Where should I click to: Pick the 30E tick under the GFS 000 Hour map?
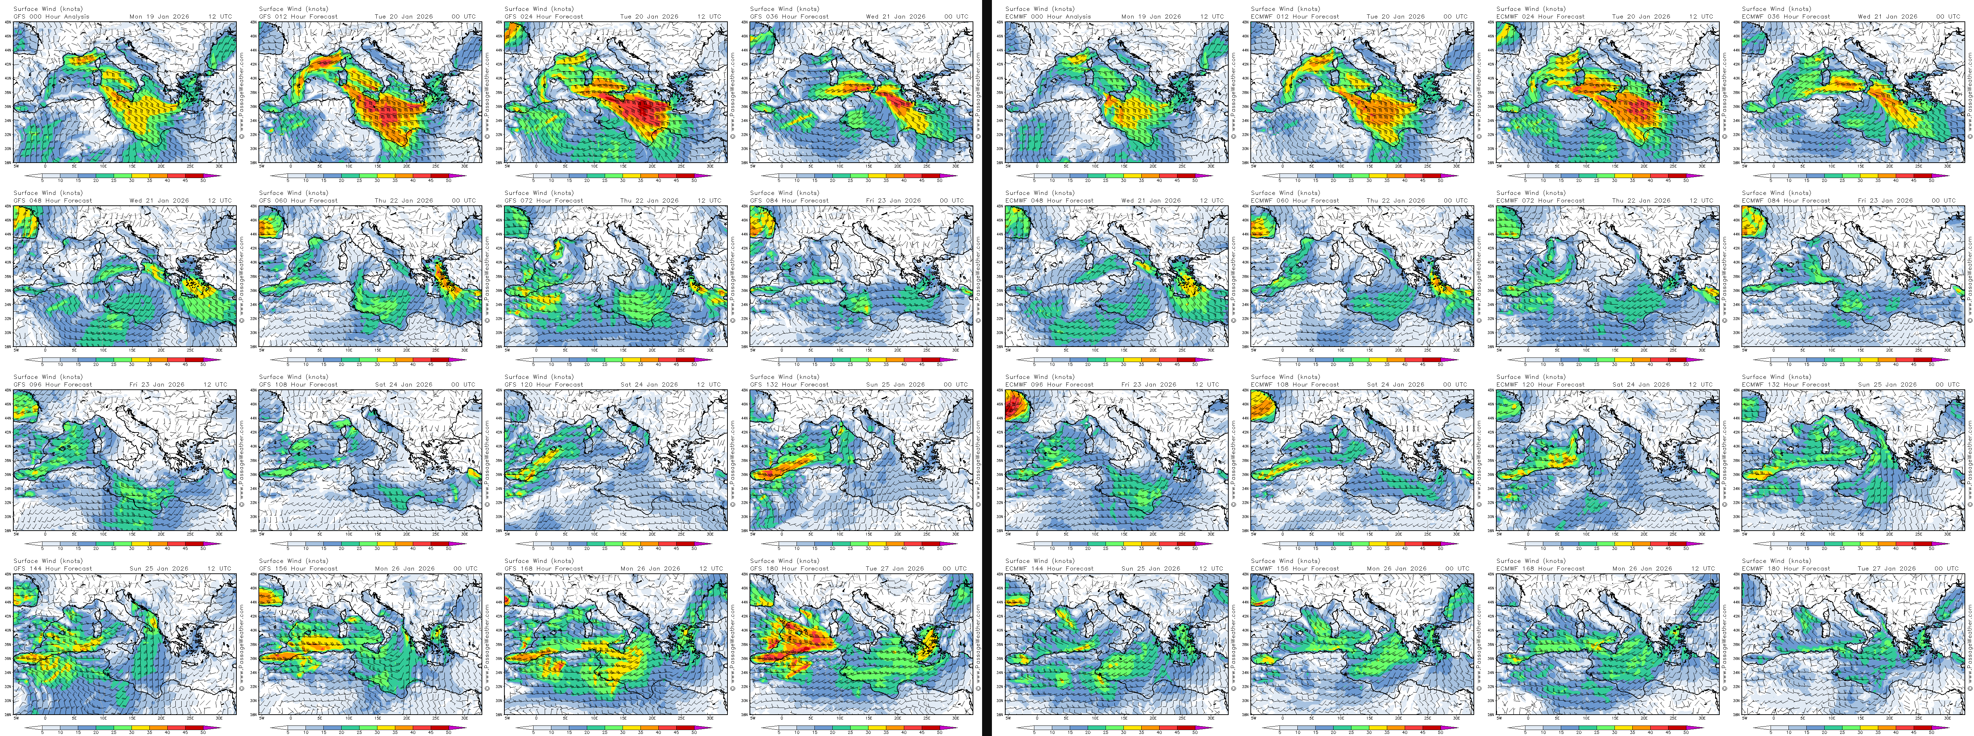[x=219, y=165]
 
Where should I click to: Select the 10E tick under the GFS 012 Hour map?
[x=349, y=165]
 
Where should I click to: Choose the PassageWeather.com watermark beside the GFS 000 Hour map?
[x=241, y=92]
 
